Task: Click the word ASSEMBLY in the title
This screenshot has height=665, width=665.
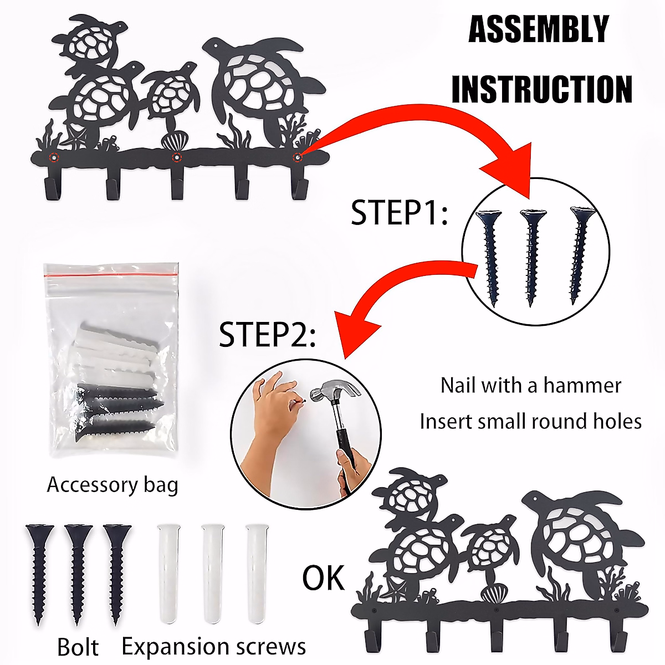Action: point(539,30)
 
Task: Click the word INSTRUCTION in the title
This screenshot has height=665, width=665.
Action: point(542,89)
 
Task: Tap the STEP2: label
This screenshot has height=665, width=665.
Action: point(267,334)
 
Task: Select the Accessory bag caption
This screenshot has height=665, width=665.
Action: point(112,485)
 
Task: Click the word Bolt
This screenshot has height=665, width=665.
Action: point(78,647)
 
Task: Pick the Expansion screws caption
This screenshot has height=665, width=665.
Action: point(213,646)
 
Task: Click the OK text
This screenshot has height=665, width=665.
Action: point(323,578)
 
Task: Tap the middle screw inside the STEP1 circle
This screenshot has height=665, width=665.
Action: point(531,255)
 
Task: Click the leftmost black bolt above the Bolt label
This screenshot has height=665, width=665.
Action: point(39,571)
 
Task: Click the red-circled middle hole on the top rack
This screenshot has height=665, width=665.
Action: point(176,157)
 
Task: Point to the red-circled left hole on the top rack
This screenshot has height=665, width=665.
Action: point(53,157)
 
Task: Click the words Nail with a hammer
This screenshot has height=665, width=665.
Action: point(530,385)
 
